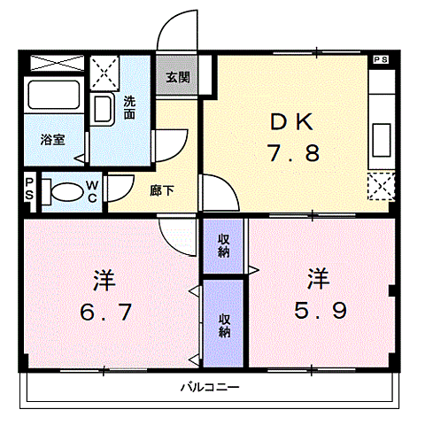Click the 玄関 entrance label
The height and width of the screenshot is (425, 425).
177,77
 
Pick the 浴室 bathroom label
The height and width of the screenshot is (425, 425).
51,139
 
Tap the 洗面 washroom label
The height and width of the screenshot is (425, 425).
130,108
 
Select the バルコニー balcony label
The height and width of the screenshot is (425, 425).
211,387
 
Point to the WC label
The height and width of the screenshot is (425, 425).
91,191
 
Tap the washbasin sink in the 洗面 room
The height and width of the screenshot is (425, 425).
102,110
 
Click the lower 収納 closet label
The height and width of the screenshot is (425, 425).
224,325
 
